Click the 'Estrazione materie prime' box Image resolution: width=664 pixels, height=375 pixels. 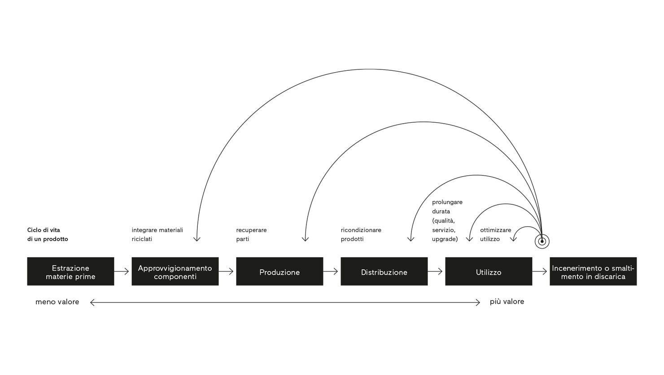coord(70,272)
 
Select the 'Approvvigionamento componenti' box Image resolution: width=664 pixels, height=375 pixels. coord(175,272)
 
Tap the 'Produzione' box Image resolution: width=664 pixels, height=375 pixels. coord(280,272)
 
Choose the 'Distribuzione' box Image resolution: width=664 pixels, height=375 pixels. coord(384,272)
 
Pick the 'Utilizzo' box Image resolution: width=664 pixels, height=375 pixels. coord(489,272)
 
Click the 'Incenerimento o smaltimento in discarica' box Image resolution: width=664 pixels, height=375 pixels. coord(593,272)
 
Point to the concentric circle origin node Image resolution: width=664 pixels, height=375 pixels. coord(542,241)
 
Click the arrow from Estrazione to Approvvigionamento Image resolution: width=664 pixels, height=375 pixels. coord(122,272)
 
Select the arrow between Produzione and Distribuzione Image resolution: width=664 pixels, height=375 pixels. coord(331,272)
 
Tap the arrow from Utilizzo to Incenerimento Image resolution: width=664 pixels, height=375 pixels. coord(540,272)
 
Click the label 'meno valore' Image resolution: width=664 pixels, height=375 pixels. coord(57,302)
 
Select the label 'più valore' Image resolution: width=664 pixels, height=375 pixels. coord(507,302)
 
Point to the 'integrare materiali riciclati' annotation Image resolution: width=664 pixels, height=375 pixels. coord(157,234)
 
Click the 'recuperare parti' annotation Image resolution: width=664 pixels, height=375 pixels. coord(251,234)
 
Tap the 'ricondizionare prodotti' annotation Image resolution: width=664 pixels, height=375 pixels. coord(361,234)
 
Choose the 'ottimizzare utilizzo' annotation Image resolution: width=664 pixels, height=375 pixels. coord(495,234)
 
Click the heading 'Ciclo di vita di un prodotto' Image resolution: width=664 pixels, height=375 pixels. coord(48,234)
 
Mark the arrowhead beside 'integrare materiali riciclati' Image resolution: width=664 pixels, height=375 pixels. coord(197,239)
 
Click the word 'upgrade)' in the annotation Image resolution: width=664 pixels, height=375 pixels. coord(445,239)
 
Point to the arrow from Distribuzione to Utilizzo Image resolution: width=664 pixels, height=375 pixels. coord(436,272)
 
